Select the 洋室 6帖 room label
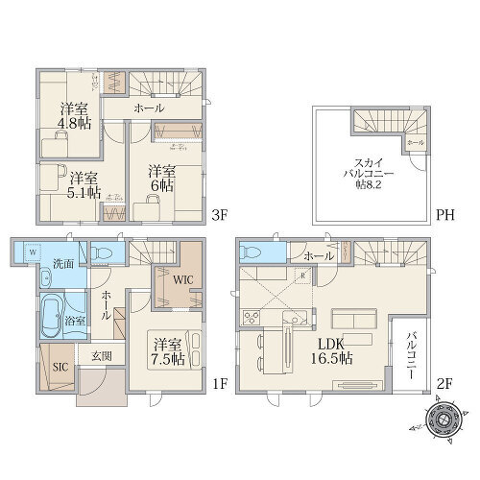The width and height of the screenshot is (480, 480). (160, 177)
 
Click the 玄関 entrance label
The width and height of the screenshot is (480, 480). (102, 356)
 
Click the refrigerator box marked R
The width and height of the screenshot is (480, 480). (303, 275)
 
